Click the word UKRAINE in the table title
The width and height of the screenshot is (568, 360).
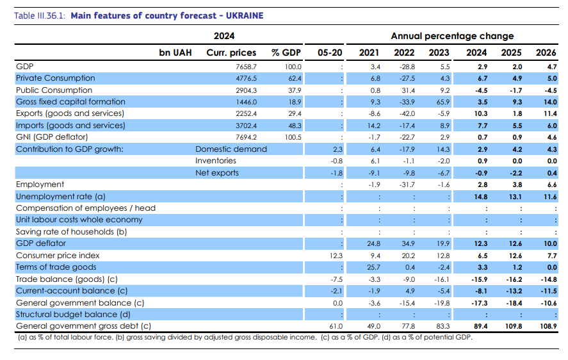coord(243,15)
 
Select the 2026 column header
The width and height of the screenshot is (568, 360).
coord(546,53)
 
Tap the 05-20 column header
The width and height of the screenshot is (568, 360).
coord(329,53)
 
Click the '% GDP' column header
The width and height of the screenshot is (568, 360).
coord(286,53)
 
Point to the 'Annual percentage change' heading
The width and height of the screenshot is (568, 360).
coord(452,36)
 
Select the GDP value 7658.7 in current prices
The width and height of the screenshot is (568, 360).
coord(245,67)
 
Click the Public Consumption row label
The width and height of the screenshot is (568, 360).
coord(54,90)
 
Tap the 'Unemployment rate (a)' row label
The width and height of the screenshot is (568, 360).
coord(61,197)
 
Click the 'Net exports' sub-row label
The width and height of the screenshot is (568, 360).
coord(217,173)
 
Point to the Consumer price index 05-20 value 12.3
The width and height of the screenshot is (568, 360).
coord(337,256)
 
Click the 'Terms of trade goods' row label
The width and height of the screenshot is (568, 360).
coord(56,267)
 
